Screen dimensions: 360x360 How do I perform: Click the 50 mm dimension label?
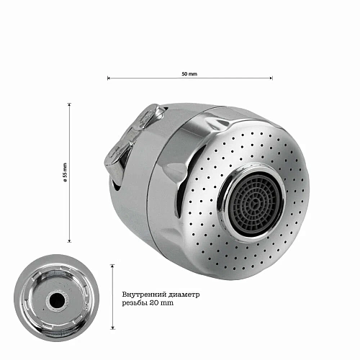(x=189, y=74)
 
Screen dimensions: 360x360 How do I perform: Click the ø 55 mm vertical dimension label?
(x=65, y=172)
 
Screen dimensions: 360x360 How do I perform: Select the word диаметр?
(x=183, y=294)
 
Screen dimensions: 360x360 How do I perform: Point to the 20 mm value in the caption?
(x=161, y=303)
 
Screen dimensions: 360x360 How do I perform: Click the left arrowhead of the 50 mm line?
(x=109, y=78)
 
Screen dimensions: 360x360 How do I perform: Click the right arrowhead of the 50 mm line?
(x=271, y=78)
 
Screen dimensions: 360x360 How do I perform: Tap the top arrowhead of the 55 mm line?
(x=70, y=104)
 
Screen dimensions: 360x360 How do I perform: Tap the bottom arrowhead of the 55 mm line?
(x=70, y=240)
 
